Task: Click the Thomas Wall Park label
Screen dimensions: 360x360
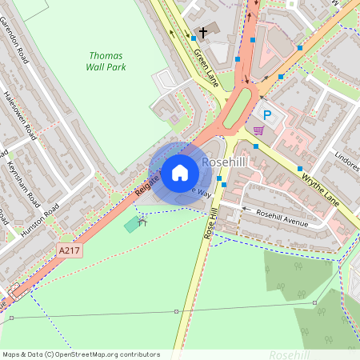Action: pos(106,62)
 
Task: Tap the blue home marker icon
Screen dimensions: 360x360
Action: pos(180,173)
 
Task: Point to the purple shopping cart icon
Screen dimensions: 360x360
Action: pos(258,130)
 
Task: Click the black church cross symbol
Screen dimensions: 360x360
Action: pos(203,33)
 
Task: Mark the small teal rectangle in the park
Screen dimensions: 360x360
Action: pos(131,224)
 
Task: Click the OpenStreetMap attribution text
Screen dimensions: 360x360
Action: pos(80,354)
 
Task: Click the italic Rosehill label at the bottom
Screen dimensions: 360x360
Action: pos(290,354)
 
